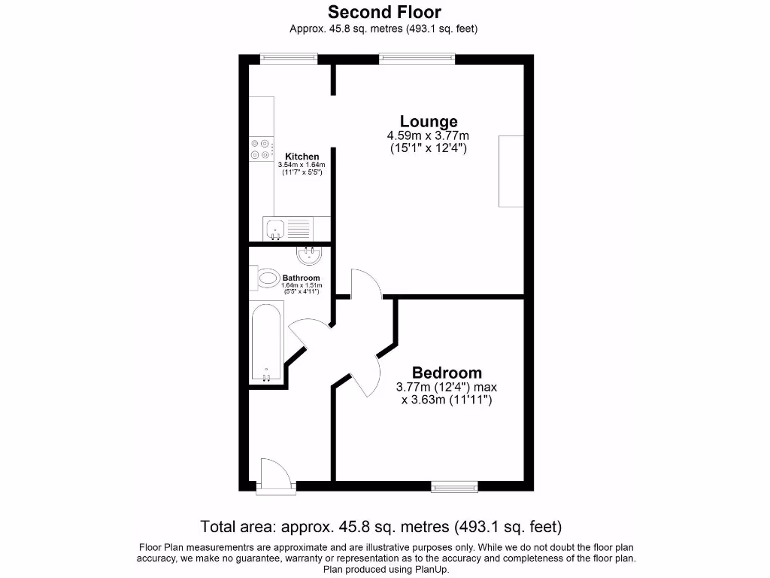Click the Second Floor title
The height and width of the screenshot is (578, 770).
point(384,12)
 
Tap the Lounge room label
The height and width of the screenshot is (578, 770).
point(428,121)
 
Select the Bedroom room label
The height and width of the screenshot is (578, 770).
point(447,373)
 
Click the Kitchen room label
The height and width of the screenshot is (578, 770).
point(302,157)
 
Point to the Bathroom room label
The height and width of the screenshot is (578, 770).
point(301,278)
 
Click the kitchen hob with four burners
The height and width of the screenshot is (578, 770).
point(260,149)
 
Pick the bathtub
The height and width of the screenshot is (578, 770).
point(266,342)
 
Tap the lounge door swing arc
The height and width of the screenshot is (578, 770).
point(365,282)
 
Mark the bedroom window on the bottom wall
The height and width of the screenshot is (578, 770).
point(454,487)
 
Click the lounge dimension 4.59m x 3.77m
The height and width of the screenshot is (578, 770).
point(428,135)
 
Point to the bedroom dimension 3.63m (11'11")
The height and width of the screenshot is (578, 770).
point(447,400)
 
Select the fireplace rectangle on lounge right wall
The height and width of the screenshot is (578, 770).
point(511,171)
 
